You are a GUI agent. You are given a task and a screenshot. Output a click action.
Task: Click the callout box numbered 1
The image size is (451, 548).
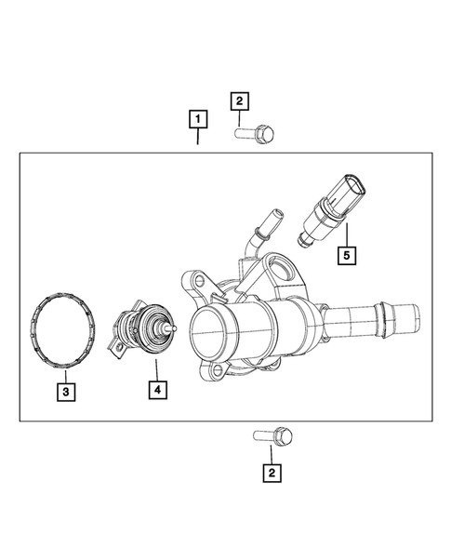click(197, 119)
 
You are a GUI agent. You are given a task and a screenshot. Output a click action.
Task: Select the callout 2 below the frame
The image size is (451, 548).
click(271, 474)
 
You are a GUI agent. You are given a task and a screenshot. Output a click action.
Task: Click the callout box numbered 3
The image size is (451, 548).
click(65, 393)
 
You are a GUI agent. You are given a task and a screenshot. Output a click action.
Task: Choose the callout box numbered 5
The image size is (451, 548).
click(345, 251)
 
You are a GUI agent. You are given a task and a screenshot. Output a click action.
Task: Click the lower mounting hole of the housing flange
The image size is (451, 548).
click(222, 374)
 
